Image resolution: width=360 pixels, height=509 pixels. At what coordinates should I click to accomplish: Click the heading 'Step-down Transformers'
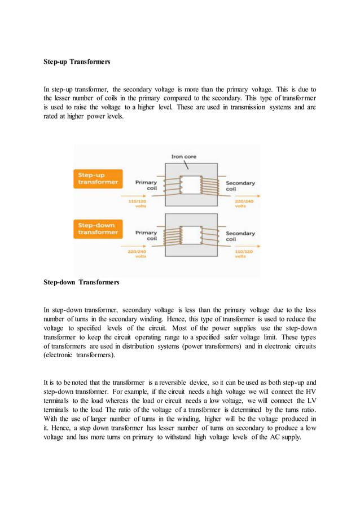[81, 282]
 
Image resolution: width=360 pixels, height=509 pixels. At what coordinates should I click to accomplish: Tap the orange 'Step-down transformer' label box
[98, 229]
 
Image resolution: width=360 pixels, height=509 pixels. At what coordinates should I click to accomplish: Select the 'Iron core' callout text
[183, 156]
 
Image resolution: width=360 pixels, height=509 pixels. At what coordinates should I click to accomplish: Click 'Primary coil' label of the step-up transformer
[146, 186]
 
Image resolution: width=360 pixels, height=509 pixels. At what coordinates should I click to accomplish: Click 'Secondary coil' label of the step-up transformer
[240, 186]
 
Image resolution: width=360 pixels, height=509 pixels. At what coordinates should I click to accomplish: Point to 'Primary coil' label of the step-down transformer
[146, 236]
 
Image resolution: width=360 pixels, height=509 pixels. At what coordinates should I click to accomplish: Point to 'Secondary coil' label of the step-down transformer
[240, 236]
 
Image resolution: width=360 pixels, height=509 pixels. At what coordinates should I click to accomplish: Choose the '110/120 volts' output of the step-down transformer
[244, 253]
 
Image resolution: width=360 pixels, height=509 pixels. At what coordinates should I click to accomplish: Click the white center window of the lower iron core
[191, 235]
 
